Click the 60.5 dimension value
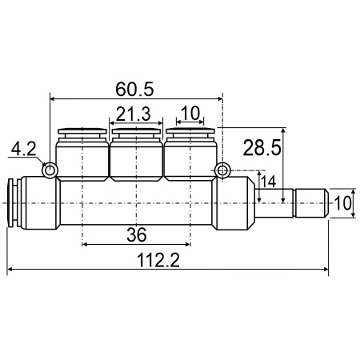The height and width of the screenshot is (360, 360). pos(134,90)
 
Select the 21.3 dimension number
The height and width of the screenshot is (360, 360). pos(134,114)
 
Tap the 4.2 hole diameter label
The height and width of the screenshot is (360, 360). pos(23,149)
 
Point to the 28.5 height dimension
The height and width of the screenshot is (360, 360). pos(262,147)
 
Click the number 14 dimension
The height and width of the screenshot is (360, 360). pos(268,182)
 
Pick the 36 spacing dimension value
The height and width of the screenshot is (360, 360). pos(137,235)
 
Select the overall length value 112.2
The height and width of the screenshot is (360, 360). pos(158,260)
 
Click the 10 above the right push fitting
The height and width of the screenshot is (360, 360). pos(190,113)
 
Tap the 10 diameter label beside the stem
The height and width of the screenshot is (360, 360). pos(342,203)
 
